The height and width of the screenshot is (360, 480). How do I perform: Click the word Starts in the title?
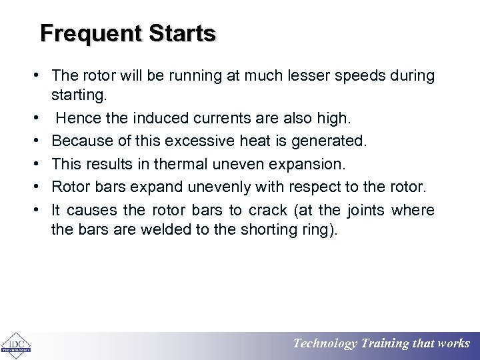[x=183, y=33]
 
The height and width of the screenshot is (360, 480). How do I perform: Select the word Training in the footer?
[x=385, y=344]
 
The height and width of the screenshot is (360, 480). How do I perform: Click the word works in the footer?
[x=453, y=344]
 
